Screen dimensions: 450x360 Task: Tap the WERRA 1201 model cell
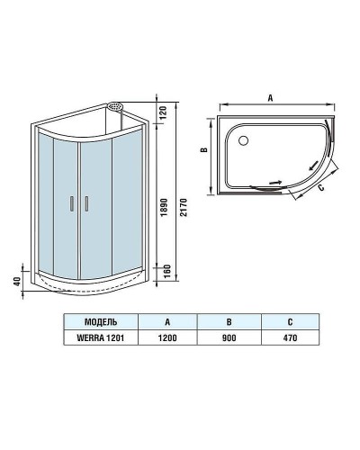[x=98, y=337]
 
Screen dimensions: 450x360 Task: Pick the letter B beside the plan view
[x=204, y=152]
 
